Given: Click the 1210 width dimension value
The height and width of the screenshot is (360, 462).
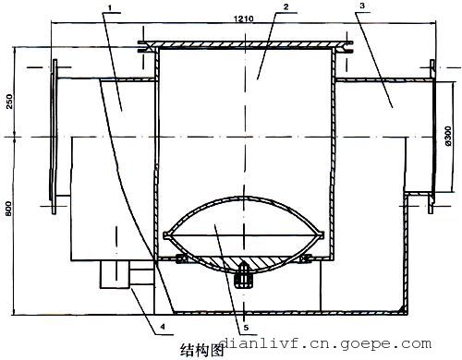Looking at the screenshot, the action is (243, 18).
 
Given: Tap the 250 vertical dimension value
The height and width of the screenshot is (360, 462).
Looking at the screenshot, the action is (9, 102).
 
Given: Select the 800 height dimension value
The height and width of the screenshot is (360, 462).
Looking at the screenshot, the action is (9, 209).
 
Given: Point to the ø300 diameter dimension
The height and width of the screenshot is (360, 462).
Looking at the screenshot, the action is (448, 136).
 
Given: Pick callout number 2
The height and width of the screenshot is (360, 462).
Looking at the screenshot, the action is (286, 6).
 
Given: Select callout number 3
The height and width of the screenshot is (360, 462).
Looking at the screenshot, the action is (362, 6).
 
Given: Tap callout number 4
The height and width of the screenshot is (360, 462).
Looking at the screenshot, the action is (163, 327).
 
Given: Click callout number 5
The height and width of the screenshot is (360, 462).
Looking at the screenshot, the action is (246, 328).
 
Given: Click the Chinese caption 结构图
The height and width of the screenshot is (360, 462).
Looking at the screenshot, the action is (201, 350).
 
